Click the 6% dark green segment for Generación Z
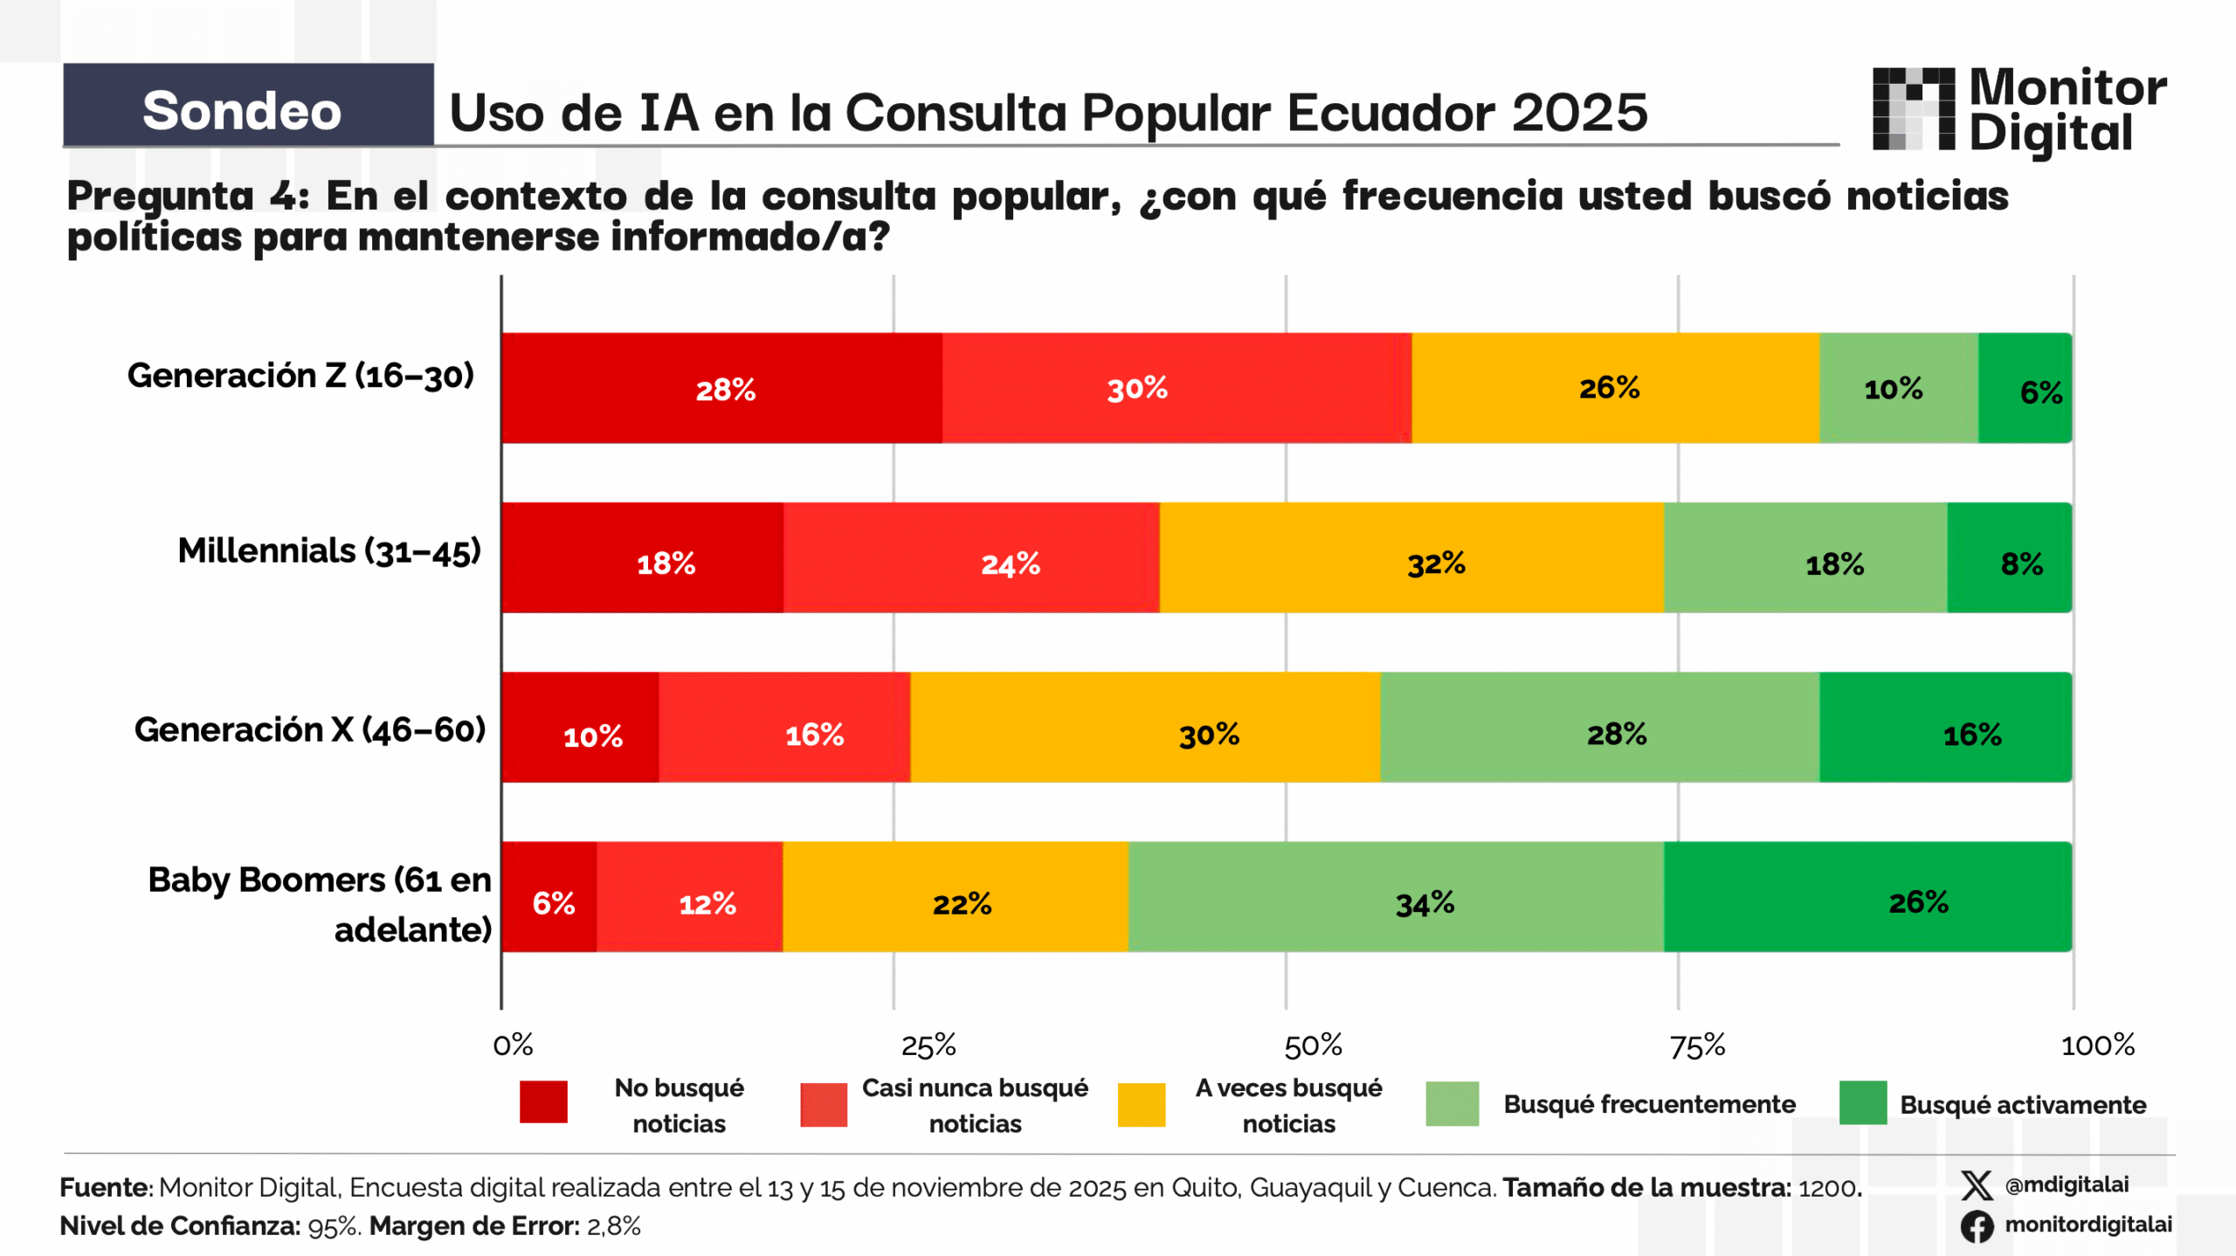[2024, 388]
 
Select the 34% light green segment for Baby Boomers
[1395, 897]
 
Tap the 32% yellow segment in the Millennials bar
[1411, 558]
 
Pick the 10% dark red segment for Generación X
[580, 728]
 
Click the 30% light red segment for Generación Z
[1176, 388]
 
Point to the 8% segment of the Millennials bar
[2009, 558]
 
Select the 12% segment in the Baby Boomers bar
[689, 897]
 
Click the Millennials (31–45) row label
[329, 551]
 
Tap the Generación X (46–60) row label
[310, 729]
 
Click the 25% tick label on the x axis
[928, 1046]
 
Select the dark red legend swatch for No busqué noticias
[543, 1101]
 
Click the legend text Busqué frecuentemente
[1649, 1104]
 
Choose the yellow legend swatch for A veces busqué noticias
[1141, 1104]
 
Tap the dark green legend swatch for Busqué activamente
[1862, 1102]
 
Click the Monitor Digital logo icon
[1914, 109]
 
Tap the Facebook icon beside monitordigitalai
[1977, 1225]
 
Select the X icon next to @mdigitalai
[1977, 1185]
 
